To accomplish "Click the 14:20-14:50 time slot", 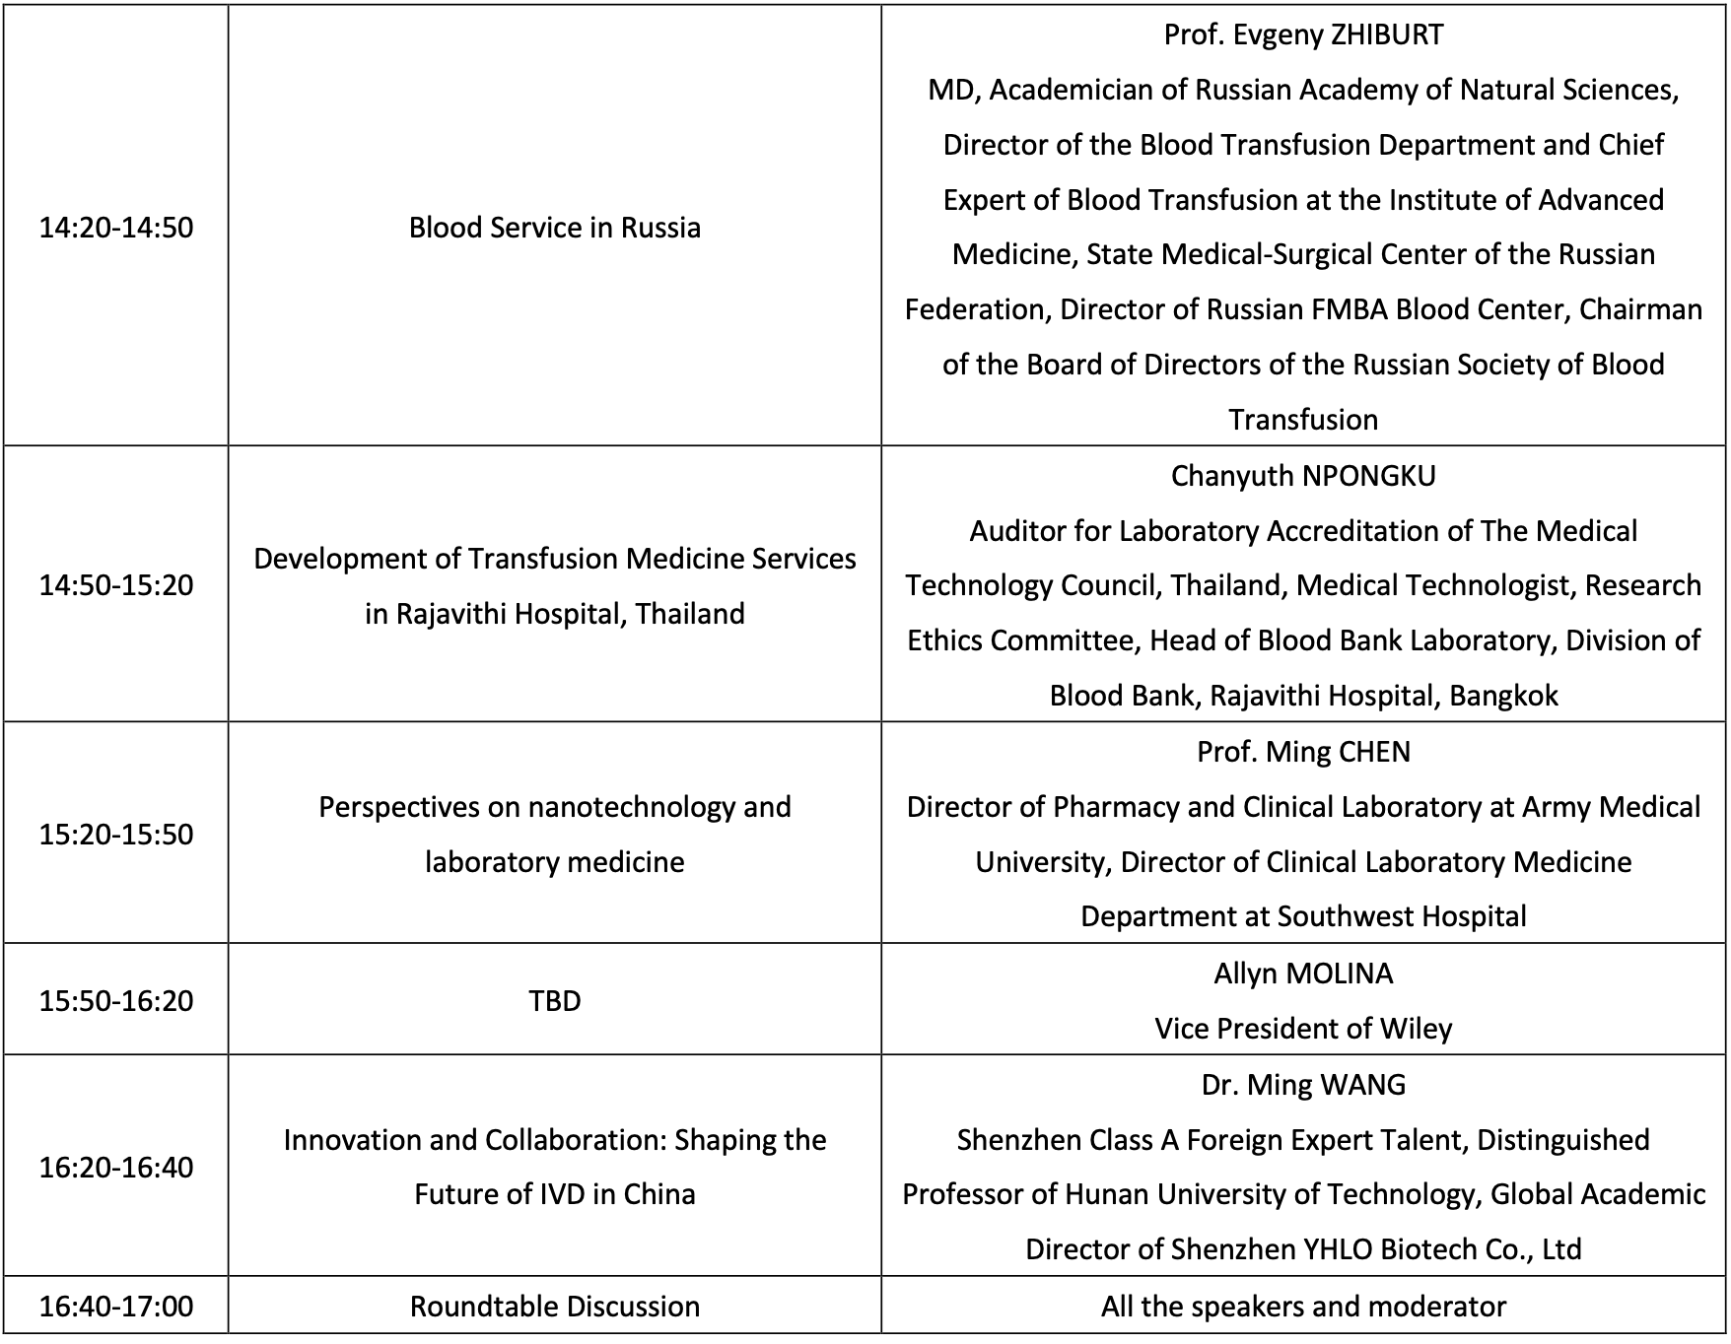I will pos(116,228).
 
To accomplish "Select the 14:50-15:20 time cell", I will pos(116,585).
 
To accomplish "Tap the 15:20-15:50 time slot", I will pos(116,835).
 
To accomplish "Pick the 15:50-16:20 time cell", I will pos(116,1001).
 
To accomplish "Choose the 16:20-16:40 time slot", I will pos(116,1168).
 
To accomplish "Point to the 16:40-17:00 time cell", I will pos(116,1307).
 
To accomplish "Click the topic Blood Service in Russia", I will pos(555,228).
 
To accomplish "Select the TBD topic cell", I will pos(555,1001).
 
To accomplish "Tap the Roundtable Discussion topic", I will pos(555,1307).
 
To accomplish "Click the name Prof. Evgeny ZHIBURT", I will pos(1303,34).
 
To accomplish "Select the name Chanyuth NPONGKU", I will pos(1303,476).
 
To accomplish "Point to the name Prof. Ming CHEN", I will pos(1303,752).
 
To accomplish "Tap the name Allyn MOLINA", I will pos(1303,974).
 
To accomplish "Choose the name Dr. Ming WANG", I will pos(1303,1085).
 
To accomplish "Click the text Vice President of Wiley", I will pos(1303,1029).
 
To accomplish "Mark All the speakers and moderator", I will pos(1303,1307).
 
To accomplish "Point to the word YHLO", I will pos(1338,1249).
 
